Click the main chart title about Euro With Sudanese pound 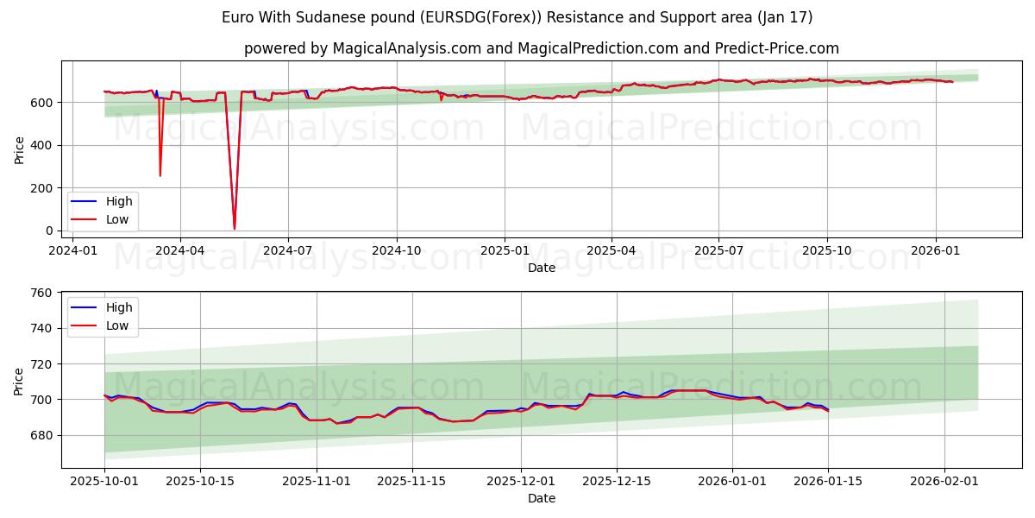(x=517, y=17)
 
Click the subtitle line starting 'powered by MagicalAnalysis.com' (x=541, y=48)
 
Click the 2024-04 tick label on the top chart (x=179, y=251)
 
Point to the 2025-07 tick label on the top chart (x=718, y=251)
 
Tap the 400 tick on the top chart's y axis (x=43, y=145)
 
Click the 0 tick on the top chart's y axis (x=50, y=231)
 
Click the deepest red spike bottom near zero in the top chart (x=234, y=229)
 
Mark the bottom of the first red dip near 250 (x=160, y=176)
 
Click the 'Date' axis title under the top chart (x=541, y=268)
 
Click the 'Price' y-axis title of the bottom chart (x=19, y=381)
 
